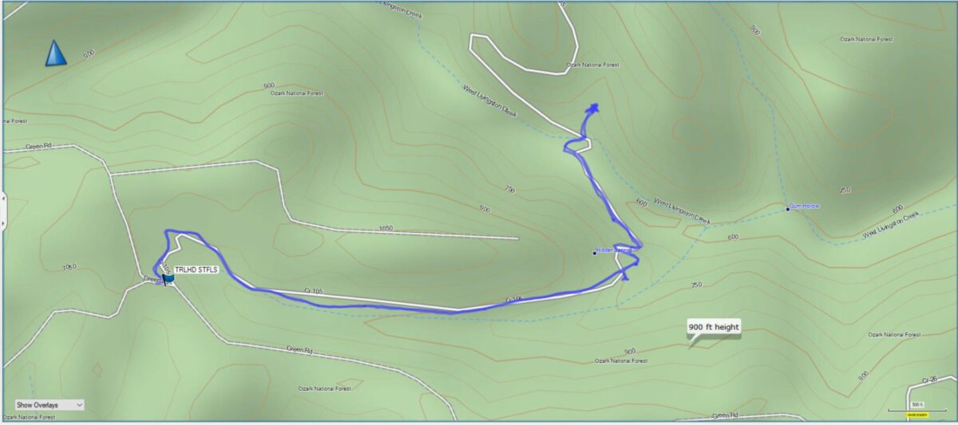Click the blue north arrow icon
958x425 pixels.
(x=55, y=53)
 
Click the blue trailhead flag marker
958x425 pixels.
(x=168, y=278)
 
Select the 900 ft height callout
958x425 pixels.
(x=714, y=327)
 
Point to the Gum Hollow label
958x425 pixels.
(x=806, y=207)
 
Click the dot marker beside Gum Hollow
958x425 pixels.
(x=788, y=209)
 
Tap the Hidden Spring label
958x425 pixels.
(x=614, y=250)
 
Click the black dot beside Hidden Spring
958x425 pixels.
(x=595, y=253)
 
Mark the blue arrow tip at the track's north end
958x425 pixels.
(x=594, y=107)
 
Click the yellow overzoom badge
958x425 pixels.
(x=916, y=415)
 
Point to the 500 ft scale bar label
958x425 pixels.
(x=918, y=405)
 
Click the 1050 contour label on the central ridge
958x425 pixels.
(x=386, y=228)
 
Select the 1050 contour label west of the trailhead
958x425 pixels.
(x=69, y=267)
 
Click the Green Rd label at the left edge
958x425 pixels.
(x=38, y=147)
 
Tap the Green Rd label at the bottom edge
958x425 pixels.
(x=724, y=415)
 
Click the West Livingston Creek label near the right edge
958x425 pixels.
(x=891, y=224)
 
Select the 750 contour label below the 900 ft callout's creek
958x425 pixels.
(x=695, y=285)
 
